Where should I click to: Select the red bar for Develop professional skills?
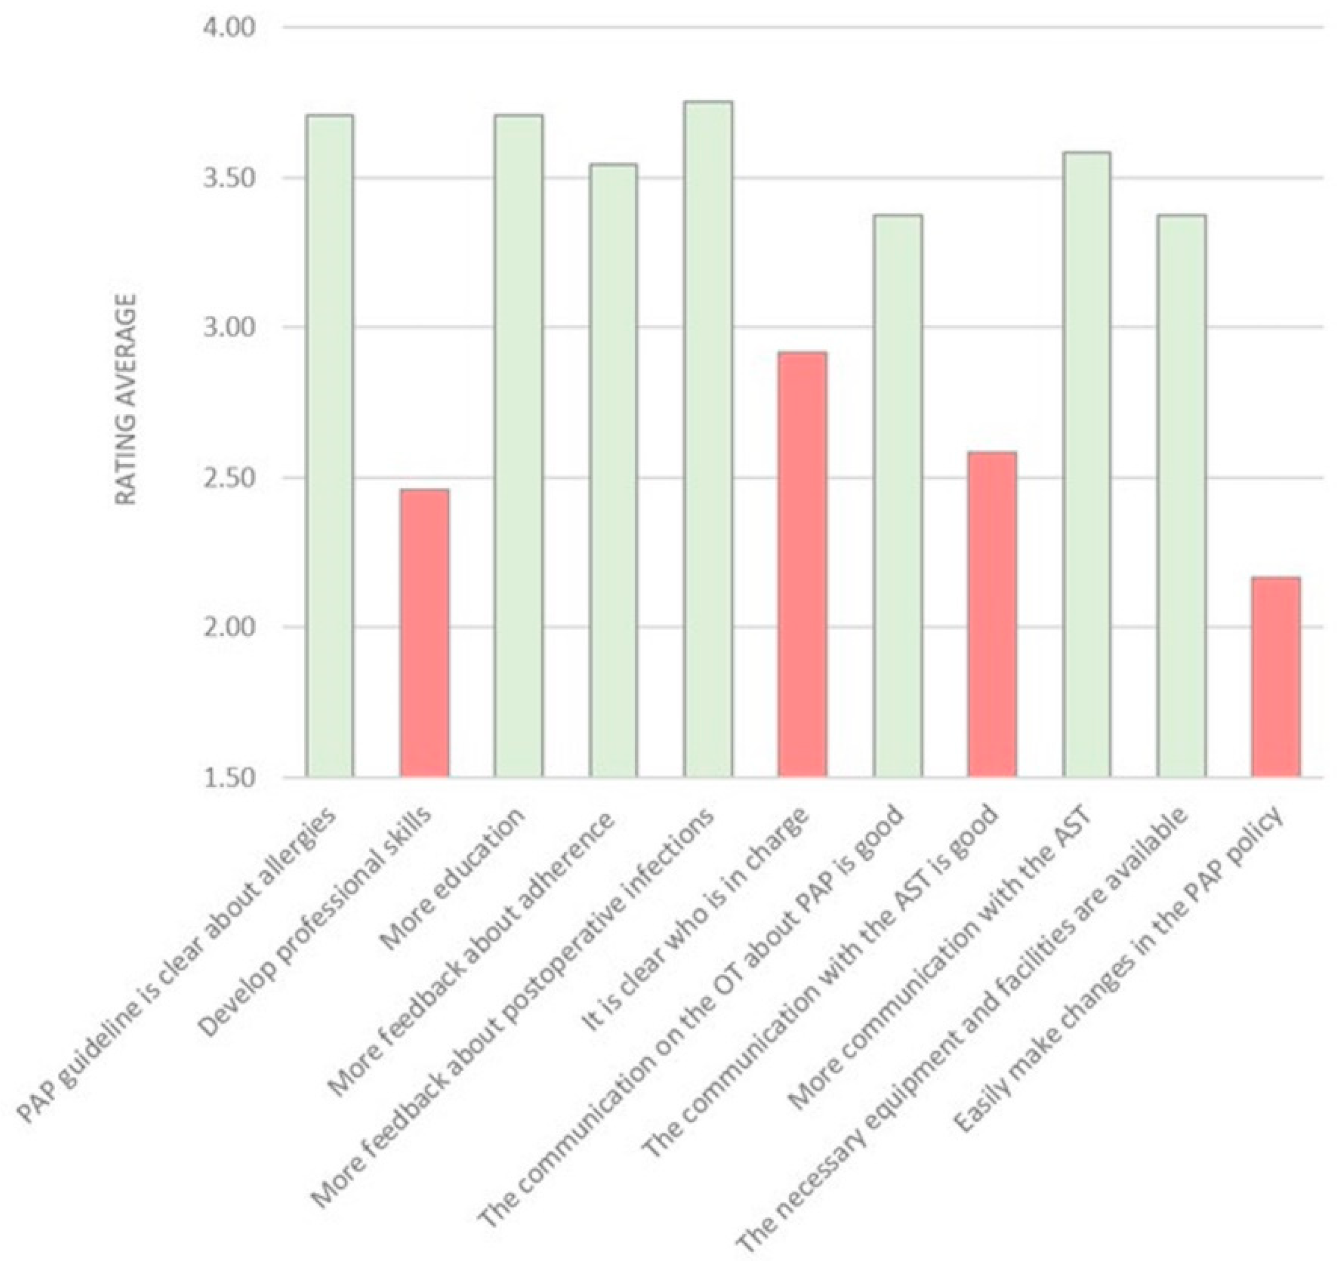(425, 633)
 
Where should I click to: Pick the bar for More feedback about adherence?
(613, 471)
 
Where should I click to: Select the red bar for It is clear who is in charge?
(803, 564)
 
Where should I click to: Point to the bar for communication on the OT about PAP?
(897, 496)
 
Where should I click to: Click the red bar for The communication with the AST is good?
(992, 615)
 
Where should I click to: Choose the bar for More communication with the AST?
(1087, 465)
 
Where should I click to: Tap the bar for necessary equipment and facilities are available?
(1182, 496)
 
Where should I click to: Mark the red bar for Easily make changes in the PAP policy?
(1276, 677)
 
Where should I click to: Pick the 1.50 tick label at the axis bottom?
(226, 778)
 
